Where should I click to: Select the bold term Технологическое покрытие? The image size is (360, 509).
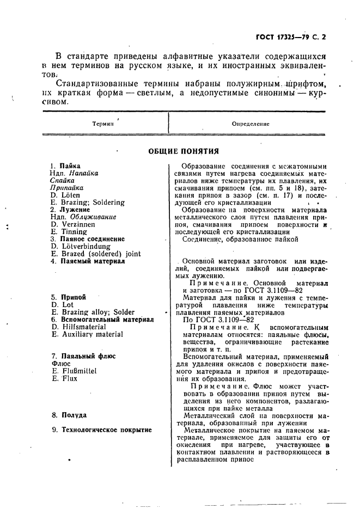coord(106,430)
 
